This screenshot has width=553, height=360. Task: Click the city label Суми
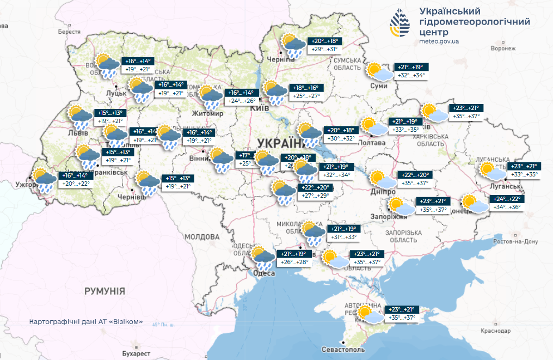pos(378,86)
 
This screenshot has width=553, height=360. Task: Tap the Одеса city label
pos(265,273)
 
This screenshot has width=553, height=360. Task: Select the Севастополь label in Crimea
pos(343,349)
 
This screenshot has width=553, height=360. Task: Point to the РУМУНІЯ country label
pos(105,291)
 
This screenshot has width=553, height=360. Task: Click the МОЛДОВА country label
pos(201,237)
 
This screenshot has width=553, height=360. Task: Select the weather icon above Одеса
pos(263,258)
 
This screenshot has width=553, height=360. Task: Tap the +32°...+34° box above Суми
pos(412,76)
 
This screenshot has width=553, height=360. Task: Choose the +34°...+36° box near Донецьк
pos(507,207)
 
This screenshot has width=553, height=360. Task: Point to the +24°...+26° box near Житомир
pos(242,101)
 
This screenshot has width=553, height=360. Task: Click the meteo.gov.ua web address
pos(439,41)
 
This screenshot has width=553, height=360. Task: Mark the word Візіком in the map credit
pos(126,321)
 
